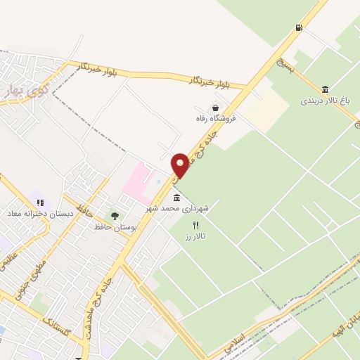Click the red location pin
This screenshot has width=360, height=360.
[x=180, y=165]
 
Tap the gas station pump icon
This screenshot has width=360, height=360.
[x=300, y=28]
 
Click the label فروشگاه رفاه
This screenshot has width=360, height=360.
[x=217, y=119]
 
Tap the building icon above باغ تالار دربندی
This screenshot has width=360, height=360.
[x=325, y=89]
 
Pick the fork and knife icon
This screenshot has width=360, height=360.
[x=195, y=225]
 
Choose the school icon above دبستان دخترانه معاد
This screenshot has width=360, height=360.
[x=40, y=202]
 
